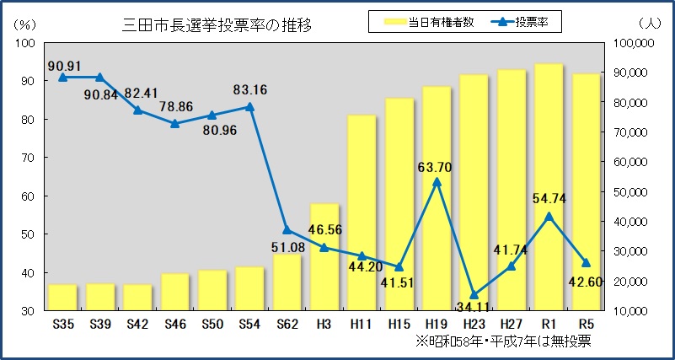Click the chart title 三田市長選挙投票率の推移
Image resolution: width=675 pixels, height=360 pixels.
pos(217,24)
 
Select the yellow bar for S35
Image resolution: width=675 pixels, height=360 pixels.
pos(62,298)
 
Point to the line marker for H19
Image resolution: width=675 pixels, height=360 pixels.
pos(437,181)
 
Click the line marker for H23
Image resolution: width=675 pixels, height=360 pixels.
pos(474,295)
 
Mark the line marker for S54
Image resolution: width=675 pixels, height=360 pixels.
pos(249,107)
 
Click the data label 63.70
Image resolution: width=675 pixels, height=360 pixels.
pos(435,167)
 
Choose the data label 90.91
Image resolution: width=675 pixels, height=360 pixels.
pos(65,64)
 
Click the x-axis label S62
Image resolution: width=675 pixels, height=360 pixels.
pos(287,325)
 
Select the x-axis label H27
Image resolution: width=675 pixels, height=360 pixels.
pos(511,325)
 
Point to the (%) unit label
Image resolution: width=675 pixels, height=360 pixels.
pos(24,25)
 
